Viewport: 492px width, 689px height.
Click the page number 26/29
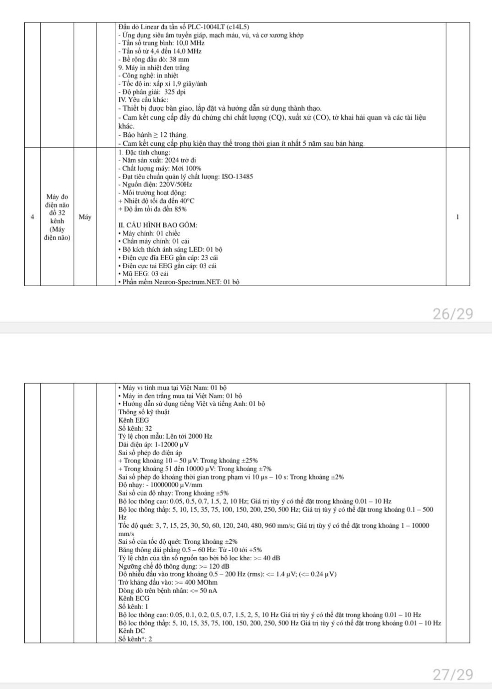coord(453,314)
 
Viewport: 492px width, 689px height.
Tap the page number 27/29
coord(453,674)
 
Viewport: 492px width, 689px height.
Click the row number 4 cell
coord(32,217)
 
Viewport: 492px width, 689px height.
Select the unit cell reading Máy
coord(85,217)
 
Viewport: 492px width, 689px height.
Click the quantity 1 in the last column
coord(458,217)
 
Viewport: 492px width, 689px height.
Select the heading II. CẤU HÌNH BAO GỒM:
coord(158,225)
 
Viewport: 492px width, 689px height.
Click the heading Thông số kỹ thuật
coord(144,412)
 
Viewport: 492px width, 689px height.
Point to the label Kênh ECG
coord(134,599)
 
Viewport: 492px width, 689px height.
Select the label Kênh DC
coord(131,631)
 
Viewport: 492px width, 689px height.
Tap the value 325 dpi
coord(175,92)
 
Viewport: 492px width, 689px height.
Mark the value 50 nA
coord(207,591)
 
